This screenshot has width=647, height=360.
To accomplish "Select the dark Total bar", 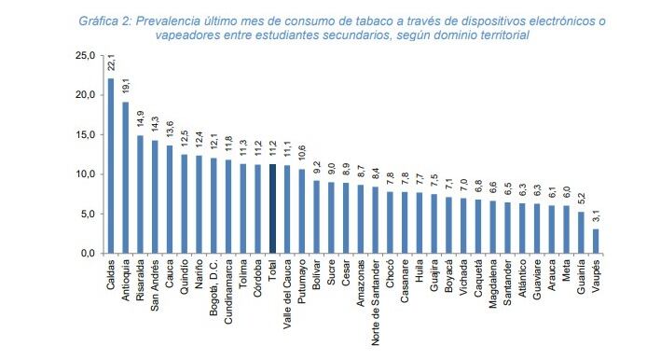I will tap(272, 209).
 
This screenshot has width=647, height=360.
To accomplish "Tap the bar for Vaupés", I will tap(597, 241).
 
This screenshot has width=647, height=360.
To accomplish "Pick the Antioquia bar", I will tap(126, 177).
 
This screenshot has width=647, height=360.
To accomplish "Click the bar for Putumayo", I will tap(301, 211).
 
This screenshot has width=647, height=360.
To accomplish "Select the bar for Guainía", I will tap(580, 232).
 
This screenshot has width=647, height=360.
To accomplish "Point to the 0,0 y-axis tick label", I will tap(88, 254).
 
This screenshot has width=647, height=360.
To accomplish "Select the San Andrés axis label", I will tap(155, 285).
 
